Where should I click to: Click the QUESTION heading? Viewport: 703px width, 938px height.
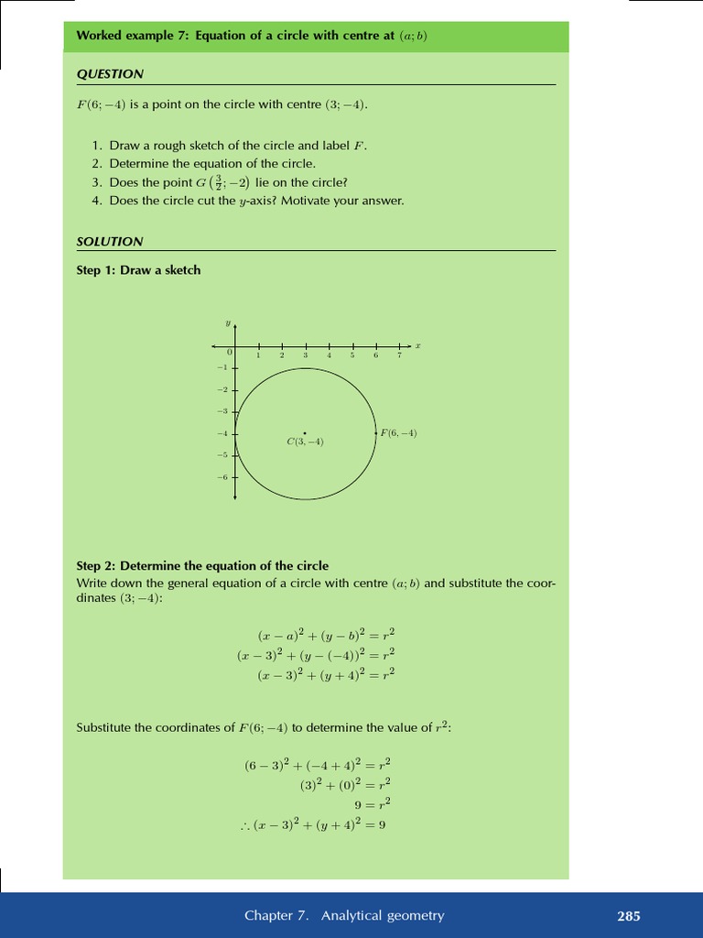pyautogui.click(x=110, y=74)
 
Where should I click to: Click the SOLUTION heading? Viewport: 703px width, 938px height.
pyautogui.click(x=110, y=242)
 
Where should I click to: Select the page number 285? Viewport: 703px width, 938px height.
pyautogui.click(x=629, y=915)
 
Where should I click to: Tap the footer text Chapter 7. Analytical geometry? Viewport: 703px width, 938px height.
pyautogui.click(x=343, y=915)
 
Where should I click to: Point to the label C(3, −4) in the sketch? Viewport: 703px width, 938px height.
pyautogui.click(x=305, y=442)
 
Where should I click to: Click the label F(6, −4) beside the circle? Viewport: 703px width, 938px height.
pyautogui.click(x=398, y=432)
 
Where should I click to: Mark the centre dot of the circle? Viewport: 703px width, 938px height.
pyautogui.click(x=305, y=432)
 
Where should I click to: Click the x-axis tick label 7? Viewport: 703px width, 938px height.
pyautogui.click(x=399, y=355)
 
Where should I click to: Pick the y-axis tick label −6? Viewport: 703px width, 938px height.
pyautogui.click(x=222, y=477)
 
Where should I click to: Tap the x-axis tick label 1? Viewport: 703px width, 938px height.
pyautogui.click(x=258, y=355)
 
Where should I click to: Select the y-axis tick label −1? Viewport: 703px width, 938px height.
pyautogui.click(x=222, y=367)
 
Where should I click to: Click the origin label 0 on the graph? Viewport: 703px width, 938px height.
pyautogui.click(x=230, y=353)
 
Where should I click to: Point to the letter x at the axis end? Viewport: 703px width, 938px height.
pyautogui.click(x=417, y=345)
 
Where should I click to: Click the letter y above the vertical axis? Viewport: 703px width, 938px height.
pyautogui.click(x=227, y=322)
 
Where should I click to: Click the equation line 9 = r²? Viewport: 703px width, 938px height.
pyautogui.click(x=373, y=803)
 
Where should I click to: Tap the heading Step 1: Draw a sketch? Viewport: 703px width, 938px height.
pyautogui.click(x=138, y=270)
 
